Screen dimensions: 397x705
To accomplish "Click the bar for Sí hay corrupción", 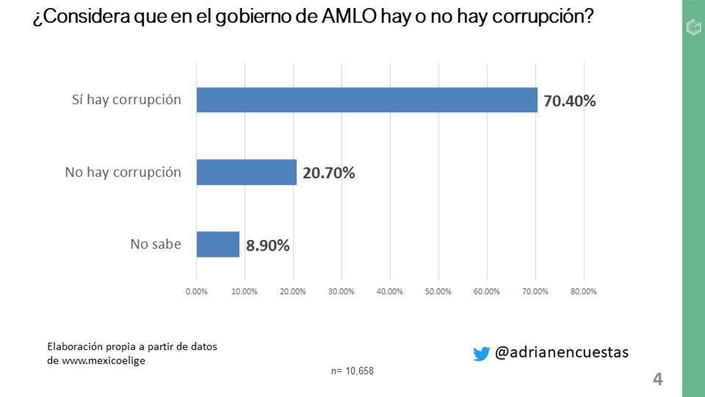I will point(366,100).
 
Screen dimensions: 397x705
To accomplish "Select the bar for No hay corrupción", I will point(246,172).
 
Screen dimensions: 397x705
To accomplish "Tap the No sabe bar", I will point(218,244).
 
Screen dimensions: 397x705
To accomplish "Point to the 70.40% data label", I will point(569,101).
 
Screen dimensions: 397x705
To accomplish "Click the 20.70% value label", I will point(328,173).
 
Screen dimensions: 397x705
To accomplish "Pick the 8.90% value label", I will point(267,245).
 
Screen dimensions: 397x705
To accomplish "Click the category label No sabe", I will point(156,244).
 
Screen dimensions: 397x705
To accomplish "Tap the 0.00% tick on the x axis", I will point(197,291).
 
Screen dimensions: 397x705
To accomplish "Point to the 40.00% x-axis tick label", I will point(390,291).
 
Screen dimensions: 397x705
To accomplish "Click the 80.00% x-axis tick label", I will point(583,291).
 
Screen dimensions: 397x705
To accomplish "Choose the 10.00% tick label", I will point(245,291).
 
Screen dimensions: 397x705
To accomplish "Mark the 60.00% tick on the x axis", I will point(487,291).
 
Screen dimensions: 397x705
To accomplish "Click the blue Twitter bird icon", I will point(481,354).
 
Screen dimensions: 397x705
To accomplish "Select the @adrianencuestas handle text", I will point(562,352).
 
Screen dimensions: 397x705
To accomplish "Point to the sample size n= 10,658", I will point(352,371).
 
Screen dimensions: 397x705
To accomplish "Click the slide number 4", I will point(657,379).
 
